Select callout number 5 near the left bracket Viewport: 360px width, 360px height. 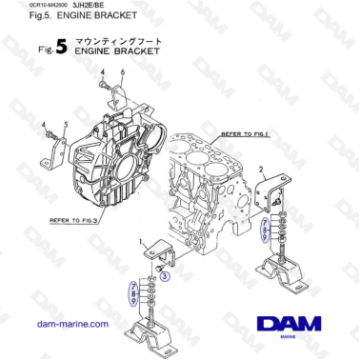65,125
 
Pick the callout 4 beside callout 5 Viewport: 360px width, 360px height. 44,125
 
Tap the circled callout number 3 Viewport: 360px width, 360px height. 164,276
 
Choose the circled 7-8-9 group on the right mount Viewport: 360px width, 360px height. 266,230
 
